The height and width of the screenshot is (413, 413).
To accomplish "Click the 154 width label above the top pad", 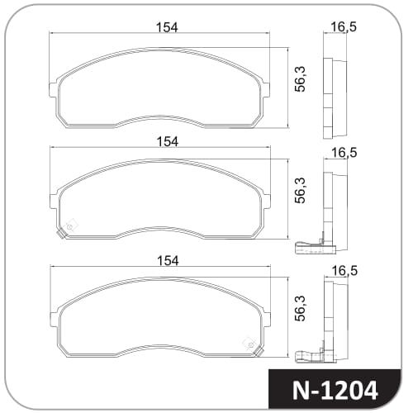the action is click(167, 27).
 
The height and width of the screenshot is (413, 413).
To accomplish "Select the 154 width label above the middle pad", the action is click(168, 141).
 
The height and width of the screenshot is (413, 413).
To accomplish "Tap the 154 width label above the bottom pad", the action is click(168, 260).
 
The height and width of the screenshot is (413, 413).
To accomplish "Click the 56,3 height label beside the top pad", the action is click(300, 79).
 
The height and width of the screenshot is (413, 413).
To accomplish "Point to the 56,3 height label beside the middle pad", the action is click(300, 191).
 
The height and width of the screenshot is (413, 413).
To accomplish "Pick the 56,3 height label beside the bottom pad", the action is click(300, 308).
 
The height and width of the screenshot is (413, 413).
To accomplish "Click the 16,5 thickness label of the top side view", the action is click(344, 27).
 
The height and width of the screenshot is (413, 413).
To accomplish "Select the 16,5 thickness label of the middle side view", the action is click(344, 153).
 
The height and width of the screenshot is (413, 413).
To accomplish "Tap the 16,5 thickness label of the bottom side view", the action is click(344, 271).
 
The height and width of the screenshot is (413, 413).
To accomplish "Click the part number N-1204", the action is click(335, 391).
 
